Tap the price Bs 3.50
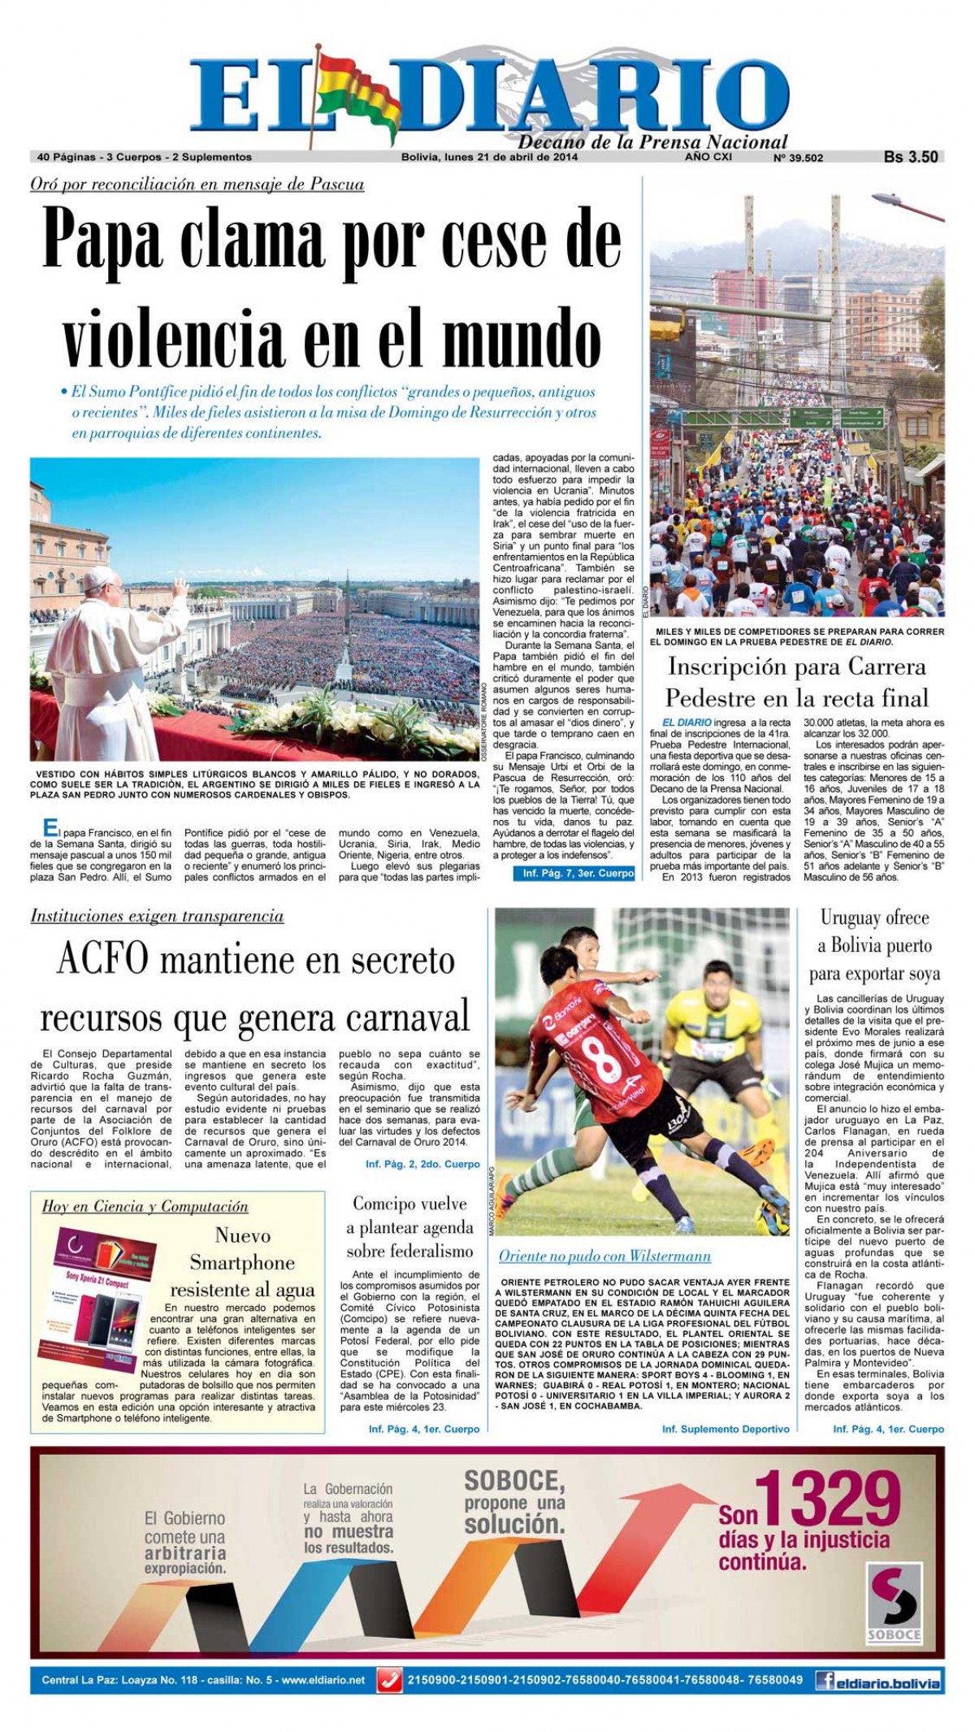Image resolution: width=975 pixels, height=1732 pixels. (x=911, y=158)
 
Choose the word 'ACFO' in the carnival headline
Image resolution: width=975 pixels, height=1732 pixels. (x=102, y=961)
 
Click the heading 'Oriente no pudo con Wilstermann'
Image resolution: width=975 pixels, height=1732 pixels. (x=604, y=1256)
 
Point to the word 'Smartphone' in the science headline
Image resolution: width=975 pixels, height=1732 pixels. (x=242, y=1262)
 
